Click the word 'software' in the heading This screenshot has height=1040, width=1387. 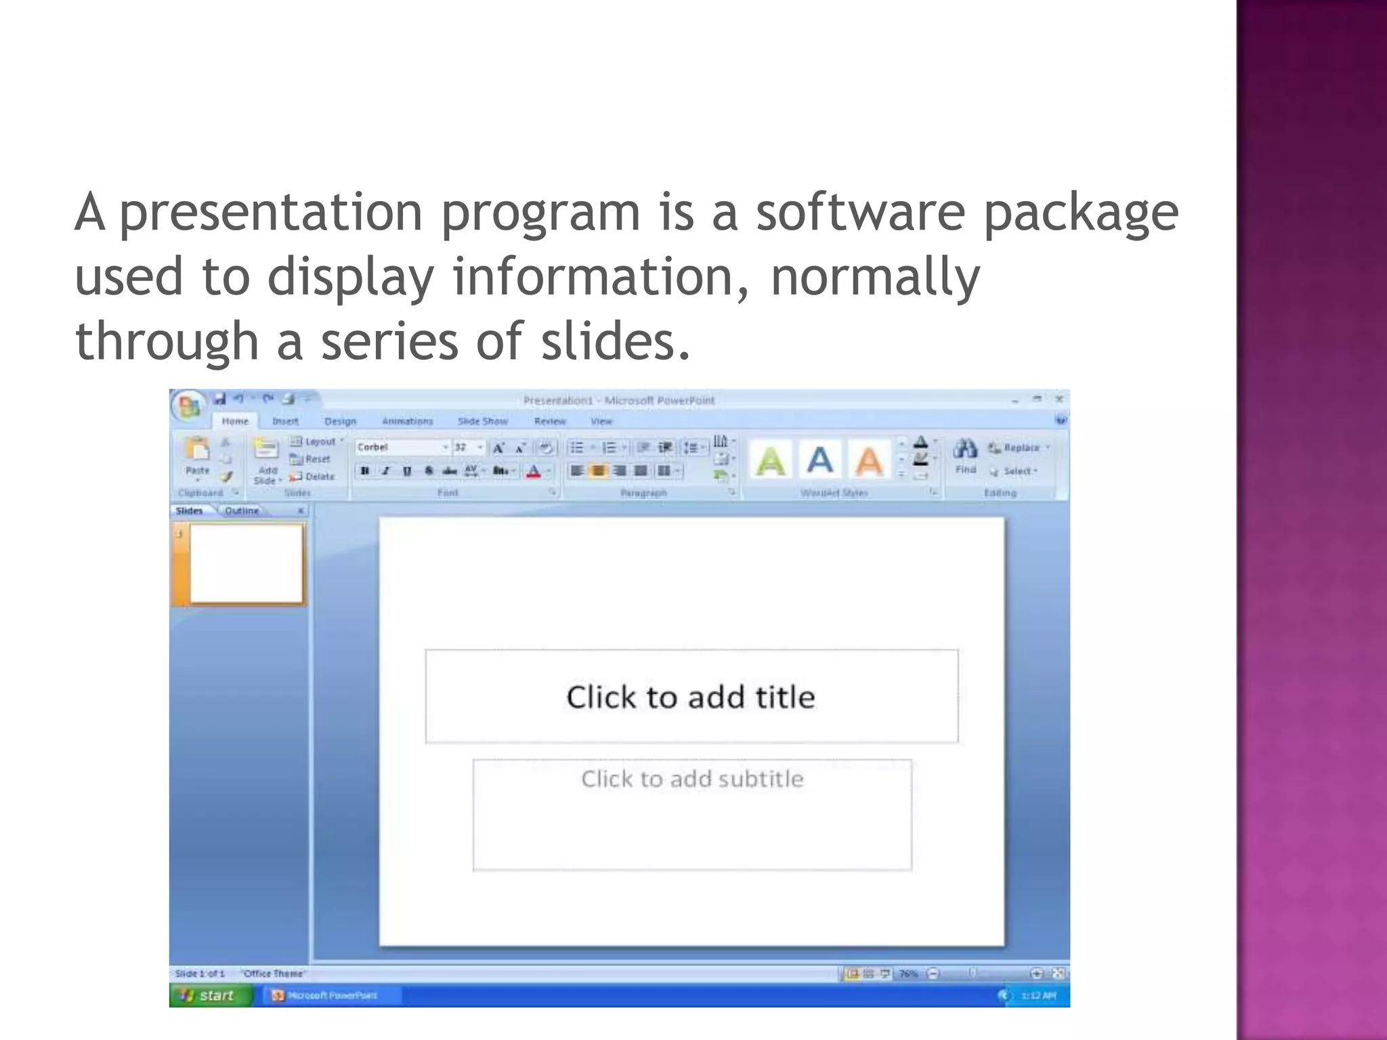860,213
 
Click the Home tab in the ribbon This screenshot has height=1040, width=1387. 235,421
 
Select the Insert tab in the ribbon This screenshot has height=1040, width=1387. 285,421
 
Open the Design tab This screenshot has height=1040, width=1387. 340,421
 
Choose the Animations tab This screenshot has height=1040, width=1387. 407,421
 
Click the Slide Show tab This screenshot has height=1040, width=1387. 482,421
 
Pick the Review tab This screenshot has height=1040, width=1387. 549,421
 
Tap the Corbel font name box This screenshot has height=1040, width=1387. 400,447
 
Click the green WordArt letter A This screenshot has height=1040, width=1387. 770,461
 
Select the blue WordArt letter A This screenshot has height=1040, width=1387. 819,460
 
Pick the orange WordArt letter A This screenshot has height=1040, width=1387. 869,461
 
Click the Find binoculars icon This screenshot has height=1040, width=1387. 965,449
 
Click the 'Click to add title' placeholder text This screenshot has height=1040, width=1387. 691,697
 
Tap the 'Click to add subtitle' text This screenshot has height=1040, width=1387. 692,779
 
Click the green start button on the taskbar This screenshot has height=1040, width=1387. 210,995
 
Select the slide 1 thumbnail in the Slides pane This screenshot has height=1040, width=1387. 246,563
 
